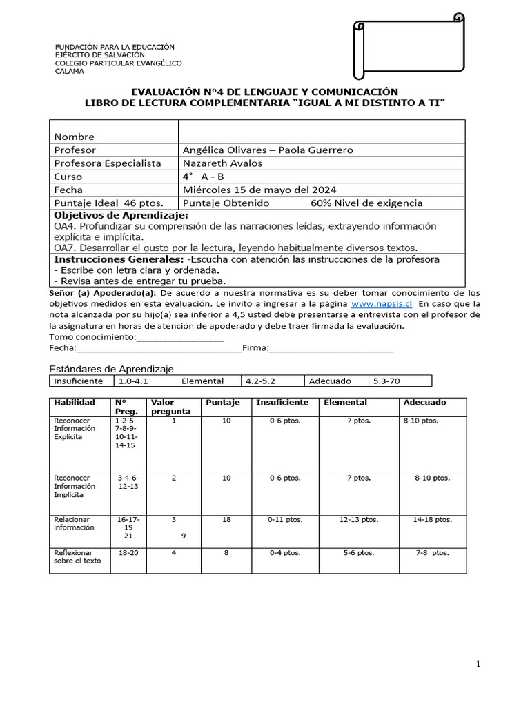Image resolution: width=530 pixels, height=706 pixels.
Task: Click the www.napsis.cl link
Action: point(382,303)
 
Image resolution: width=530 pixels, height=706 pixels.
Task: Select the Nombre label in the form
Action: point(74,137)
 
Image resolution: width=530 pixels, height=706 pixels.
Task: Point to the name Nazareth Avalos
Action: point(222,163)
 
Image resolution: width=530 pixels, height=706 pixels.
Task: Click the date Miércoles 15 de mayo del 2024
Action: point(259,190)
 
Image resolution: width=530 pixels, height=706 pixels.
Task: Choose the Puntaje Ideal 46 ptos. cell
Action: point(108,203)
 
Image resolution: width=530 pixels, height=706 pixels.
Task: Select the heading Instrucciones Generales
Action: point(118,259)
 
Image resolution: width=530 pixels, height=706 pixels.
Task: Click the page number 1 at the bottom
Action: point(477,664)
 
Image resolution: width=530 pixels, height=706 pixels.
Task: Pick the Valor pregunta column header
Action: point(170,407)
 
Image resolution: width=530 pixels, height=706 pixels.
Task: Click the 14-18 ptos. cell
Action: point(432,520)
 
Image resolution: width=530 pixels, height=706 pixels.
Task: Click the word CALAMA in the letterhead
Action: point(69,71)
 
